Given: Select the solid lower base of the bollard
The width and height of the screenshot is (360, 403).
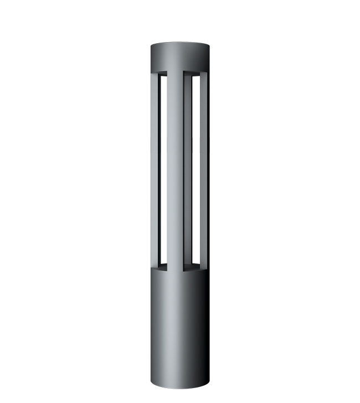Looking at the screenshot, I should tap(180, 327).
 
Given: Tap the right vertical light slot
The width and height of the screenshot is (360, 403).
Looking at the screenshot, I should tap(196, 172).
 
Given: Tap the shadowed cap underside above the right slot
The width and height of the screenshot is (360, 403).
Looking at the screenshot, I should tap(196, 73).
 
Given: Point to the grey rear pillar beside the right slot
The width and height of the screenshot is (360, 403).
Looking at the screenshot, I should tap(202, 172).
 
